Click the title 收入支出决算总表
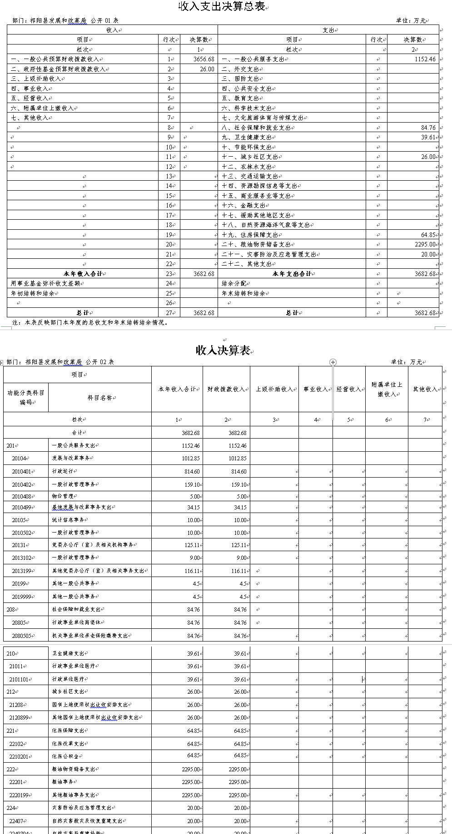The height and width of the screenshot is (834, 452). (x=222, y=7)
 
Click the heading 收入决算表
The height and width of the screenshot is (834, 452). (x=223, y=350)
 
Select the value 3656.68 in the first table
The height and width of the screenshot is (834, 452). (x=204, y=59)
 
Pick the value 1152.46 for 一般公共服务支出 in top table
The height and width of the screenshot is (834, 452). (x=425, y=59)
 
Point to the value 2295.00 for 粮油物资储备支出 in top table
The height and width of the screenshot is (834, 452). (x=425, y=245)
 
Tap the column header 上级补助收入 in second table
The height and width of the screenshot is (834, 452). (x=274, y=390)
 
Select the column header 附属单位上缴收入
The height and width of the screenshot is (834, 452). (x=387, y=390)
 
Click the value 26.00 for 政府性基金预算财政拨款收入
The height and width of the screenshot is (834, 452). (x=207, y=69)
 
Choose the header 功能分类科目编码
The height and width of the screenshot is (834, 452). (x=26, y=398)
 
